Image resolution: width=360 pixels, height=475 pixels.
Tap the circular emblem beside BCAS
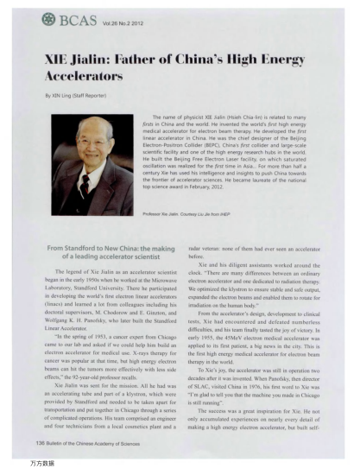(x=38, y=18)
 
